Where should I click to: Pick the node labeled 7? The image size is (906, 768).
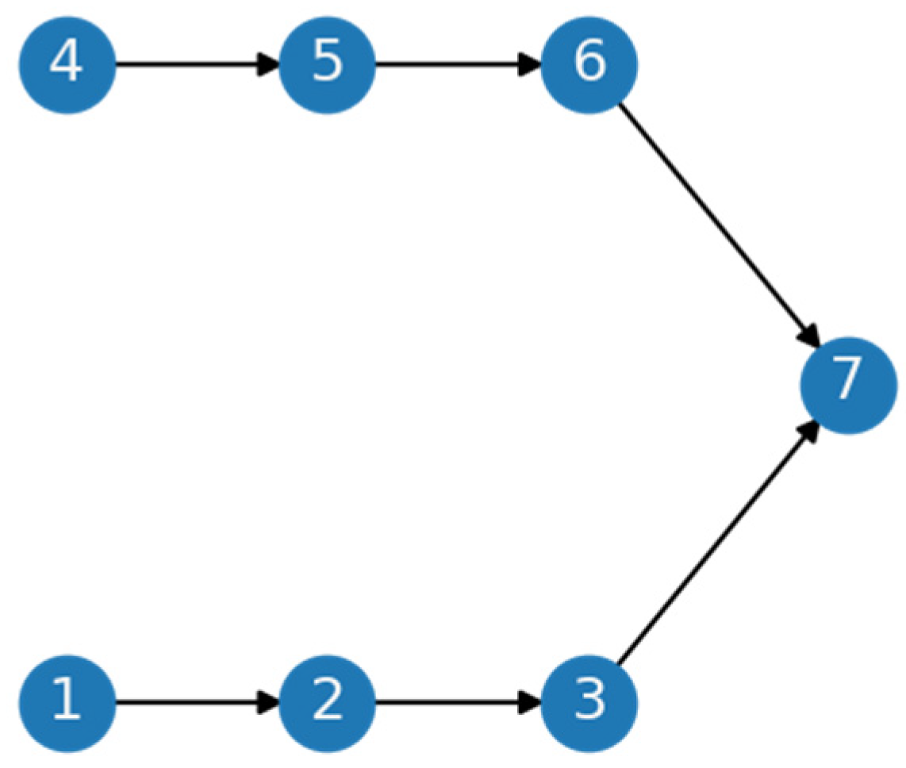point(848,385)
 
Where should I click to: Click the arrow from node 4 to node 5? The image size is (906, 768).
point(190,65)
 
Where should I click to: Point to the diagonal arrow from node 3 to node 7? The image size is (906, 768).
point(714,547)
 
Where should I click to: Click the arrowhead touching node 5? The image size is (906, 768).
point(270,65)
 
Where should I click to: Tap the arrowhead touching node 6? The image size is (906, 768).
point(530,65)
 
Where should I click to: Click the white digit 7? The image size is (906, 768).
point(848,382)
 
